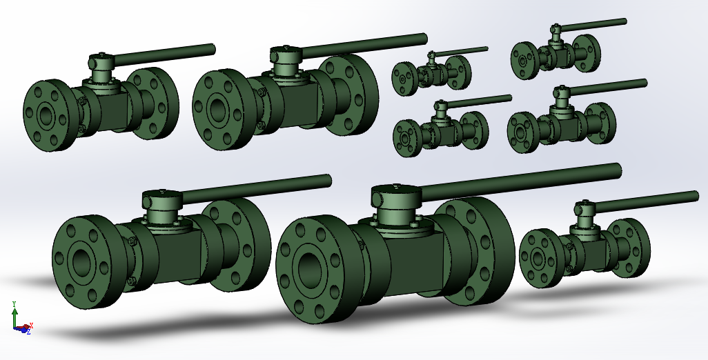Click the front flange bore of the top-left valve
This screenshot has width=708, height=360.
(46, 116)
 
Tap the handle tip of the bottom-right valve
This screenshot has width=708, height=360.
(694, 196)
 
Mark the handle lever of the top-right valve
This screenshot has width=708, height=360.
(593, 25)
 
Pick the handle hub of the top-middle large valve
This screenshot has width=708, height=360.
(284, 56)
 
